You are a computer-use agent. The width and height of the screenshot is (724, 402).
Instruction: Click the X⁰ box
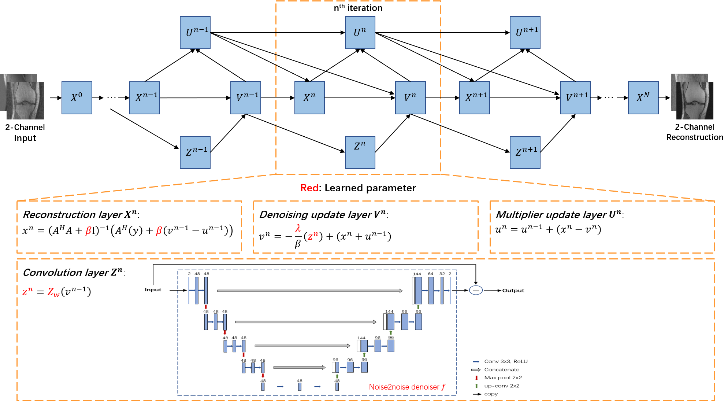[77, 98]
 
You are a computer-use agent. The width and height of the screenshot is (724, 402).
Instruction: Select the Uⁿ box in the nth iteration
[360, 33]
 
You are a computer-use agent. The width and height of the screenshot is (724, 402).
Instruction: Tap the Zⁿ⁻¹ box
[195, 152]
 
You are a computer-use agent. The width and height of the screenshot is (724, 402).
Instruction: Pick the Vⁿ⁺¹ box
[575, 98]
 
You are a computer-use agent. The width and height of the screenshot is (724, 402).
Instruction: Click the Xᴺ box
[643, 98]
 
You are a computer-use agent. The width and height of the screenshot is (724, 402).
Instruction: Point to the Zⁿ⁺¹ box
[525, 152]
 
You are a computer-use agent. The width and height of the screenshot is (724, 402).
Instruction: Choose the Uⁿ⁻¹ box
[195, 33]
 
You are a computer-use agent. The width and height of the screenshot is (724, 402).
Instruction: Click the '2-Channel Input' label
[25, 133]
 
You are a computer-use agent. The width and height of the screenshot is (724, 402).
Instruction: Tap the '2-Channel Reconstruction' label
[694, 132]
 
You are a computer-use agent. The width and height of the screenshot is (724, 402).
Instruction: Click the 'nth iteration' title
[358, 8]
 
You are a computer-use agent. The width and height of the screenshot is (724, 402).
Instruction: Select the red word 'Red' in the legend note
[309, 188]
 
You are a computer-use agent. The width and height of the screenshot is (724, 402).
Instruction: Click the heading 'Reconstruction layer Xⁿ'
[81, 214]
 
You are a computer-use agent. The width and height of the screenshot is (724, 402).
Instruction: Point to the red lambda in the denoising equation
[298, 228]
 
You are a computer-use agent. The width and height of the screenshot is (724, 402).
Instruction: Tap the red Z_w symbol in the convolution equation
[53, 292]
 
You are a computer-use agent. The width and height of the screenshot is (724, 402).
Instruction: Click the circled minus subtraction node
[476, 291]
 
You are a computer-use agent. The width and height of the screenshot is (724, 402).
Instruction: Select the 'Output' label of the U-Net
[513, 291]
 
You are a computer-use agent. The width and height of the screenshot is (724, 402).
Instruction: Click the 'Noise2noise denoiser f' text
[407, 387]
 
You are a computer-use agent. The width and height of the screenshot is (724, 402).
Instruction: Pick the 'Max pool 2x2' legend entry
[503, 378]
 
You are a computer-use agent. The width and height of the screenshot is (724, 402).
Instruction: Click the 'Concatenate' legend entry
[501, 370]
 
